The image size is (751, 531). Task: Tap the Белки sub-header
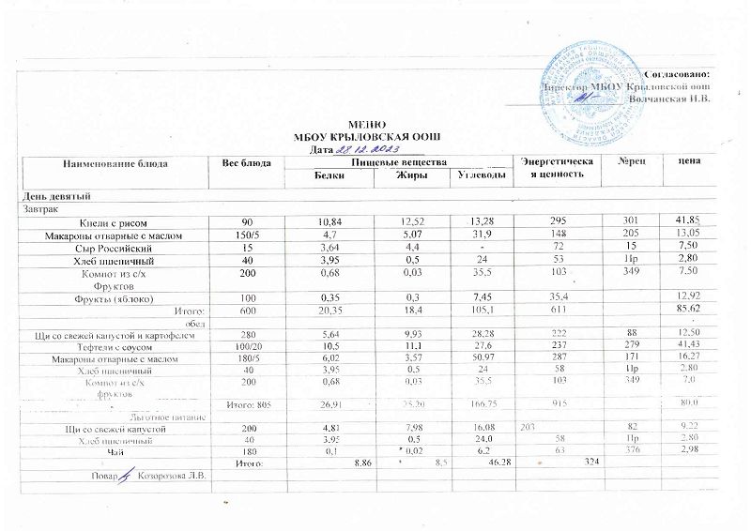pos(323,176)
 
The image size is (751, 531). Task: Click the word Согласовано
pos(678,73)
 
